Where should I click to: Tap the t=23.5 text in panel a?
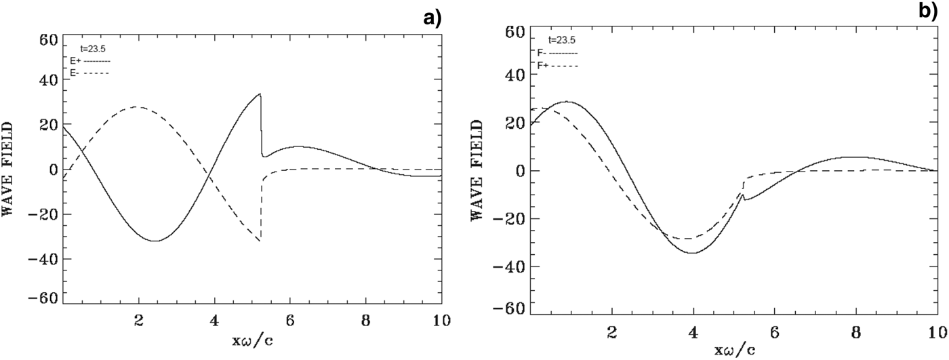94,49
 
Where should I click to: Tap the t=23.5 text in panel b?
562,40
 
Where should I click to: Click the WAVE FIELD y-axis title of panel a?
12,169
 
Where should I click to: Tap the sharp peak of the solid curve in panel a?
260,94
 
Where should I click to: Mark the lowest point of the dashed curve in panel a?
260,241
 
